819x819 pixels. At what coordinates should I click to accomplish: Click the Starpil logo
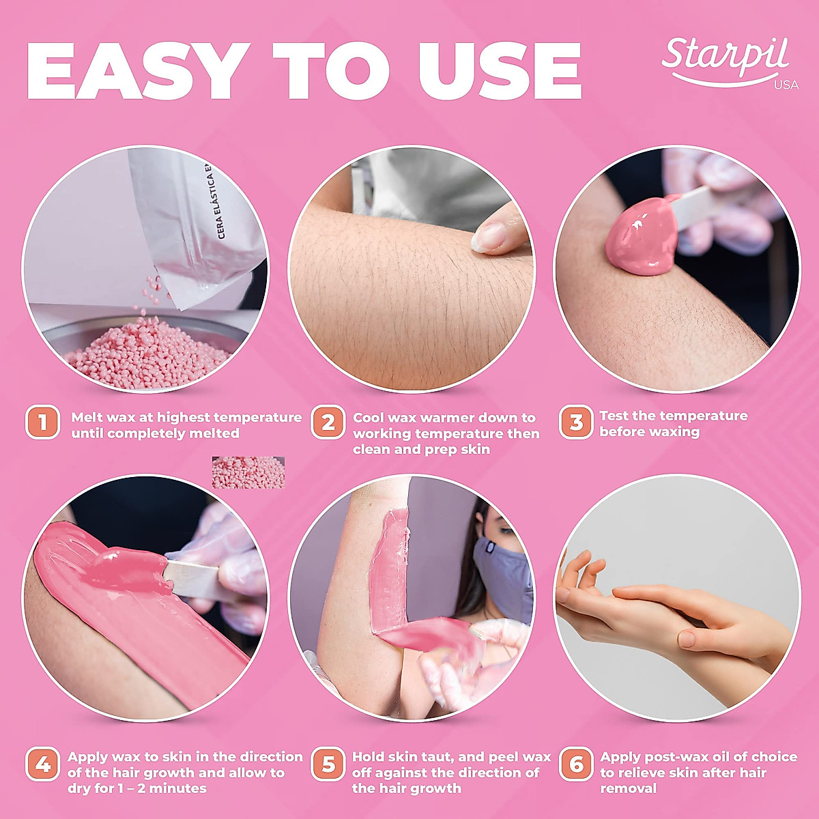pyautogui.click(x=725, y=57)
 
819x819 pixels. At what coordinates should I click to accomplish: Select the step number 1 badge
pyautogui.click(x=43, y=423)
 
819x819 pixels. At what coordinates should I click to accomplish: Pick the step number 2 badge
pyautogui.click(x=328, y=423)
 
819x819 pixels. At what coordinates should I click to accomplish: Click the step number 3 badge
pyautogui.click(x=576, y=423)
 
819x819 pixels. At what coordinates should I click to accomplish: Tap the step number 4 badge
pyautogui.click(x=43, y=764)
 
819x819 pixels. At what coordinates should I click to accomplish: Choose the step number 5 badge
pyautogui.click(x=328, y=764)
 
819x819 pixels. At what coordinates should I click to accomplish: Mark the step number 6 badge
pyautogui.click(x=576, y=764)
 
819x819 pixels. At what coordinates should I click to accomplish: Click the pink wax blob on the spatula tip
pyautogui.click(x=640, y=240)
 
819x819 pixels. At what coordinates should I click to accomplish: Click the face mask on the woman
pyautogui.click(x=504, y=570)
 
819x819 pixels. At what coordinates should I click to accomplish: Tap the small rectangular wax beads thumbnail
pyautogui.click(x=248, y=472)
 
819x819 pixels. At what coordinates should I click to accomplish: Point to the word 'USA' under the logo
pyautogui.click(x=786, y=85)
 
